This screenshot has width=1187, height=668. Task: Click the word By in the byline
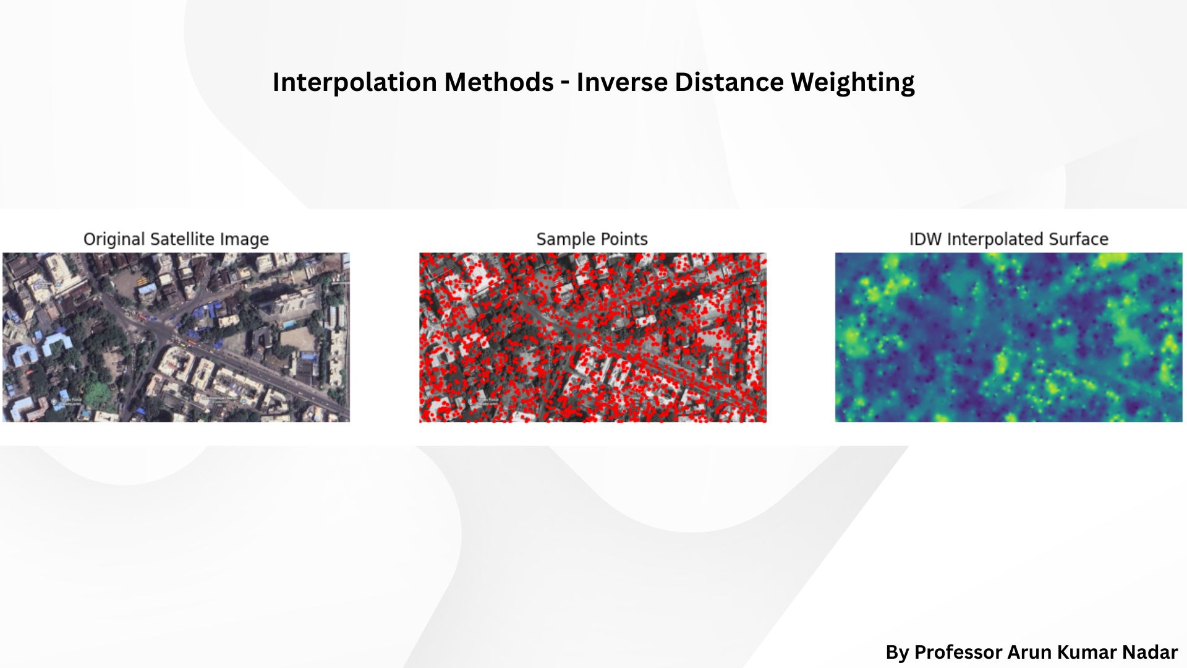[897, 653]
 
